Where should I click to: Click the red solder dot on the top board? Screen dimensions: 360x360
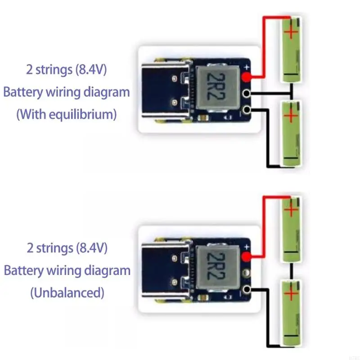coord(246,77)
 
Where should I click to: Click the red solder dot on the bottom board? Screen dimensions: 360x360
coord(247,257)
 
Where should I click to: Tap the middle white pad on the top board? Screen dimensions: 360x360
coord(246,94)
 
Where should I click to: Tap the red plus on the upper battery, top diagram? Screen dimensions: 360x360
coord(292,31)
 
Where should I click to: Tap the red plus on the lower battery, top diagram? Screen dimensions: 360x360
coord(292,116)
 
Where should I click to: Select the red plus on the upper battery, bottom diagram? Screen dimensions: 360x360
coord(292,209)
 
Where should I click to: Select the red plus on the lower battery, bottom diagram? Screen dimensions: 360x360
coord(292,295)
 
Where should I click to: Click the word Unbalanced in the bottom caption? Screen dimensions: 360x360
coord(67,293)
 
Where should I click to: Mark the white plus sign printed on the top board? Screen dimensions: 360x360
coord(246,68)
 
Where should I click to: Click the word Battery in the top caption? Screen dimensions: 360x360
coord(22,93)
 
